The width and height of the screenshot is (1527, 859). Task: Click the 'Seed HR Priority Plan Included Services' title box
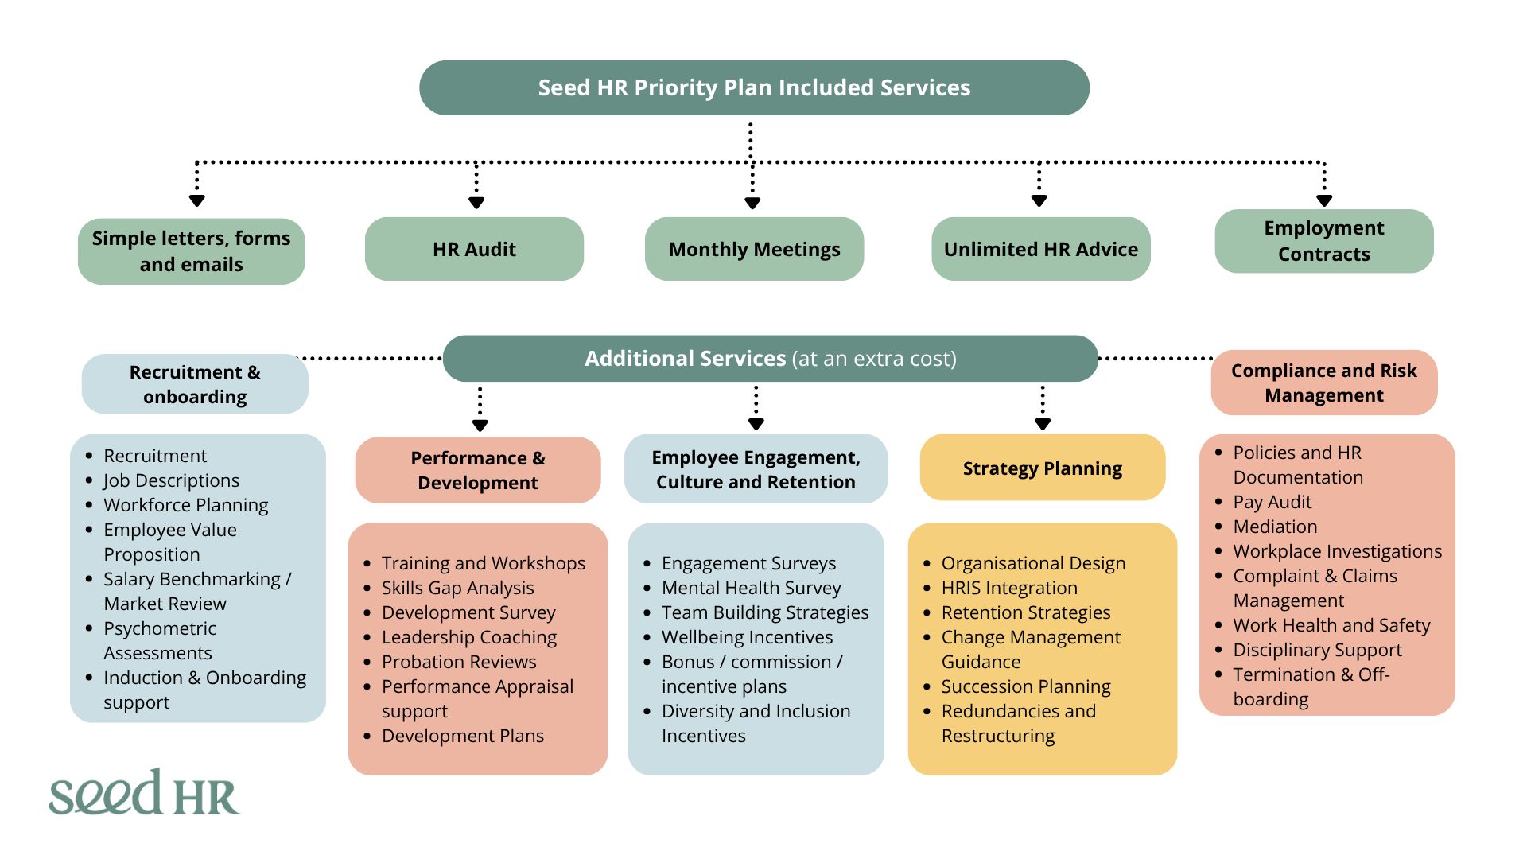click(x=754, y=87)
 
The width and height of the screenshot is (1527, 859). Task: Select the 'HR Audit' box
click(x=474, y=249)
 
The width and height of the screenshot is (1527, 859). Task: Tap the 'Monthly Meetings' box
click(x=754, y=249)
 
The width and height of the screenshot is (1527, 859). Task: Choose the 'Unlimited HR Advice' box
click(x=1041, y=249)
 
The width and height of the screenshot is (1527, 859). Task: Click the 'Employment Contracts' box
click(x=1324, y=241)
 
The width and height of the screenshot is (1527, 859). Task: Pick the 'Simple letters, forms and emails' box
click(x=192, y=251)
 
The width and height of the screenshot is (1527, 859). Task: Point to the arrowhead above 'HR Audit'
click(x=476, y=203)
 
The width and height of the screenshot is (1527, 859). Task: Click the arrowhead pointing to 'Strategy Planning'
click(x=1043, y=424)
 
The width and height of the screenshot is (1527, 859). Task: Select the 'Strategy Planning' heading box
click(x=1043, y=468)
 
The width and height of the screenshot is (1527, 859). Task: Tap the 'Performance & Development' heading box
click(x=478, y=470)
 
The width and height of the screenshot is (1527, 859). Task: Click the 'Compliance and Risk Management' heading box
click(x=1324, y=383)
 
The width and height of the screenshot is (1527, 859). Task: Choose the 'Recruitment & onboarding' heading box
click(x=195, y=384)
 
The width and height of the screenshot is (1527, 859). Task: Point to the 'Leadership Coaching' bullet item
click(x=469, y=637)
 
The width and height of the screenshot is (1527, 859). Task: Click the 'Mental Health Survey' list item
click(x=751, y=588)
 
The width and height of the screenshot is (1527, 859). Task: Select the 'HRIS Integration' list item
click(x=1009, y=588)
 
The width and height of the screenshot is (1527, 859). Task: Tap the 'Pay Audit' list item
click(x=1272, y=502)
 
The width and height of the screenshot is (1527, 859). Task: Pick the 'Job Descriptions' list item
click(x=171, y=480)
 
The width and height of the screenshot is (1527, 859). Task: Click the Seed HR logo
click(x=144, y=792)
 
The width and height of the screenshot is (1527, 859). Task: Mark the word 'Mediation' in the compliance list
click(x=1275, y=527)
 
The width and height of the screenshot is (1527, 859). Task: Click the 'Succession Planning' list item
click(x=1026, y=686)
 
